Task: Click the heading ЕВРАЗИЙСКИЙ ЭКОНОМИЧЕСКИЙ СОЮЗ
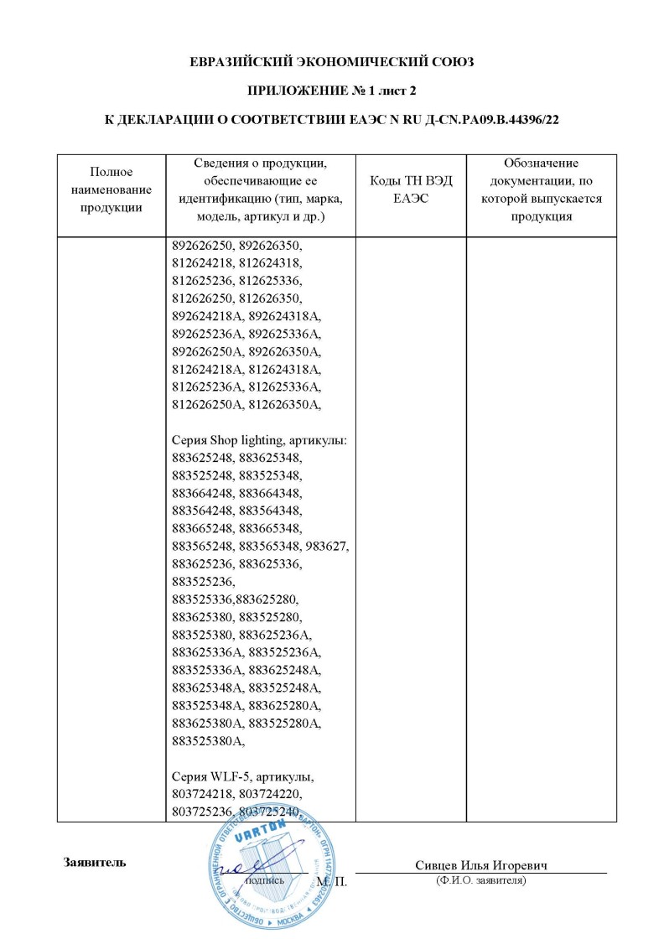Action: point(331,62)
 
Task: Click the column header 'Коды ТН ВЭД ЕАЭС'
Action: point(411,190)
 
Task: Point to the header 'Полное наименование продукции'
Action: point(112,190)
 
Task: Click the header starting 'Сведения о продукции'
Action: point(261,190)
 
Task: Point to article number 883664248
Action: point(201,493)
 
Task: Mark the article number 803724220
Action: point(270,793)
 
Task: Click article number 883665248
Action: point(201,528)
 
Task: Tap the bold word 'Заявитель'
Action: point(95,862)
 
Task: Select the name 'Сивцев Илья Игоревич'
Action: point(480,865)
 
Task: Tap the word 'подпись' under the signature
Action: point(264,881)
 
